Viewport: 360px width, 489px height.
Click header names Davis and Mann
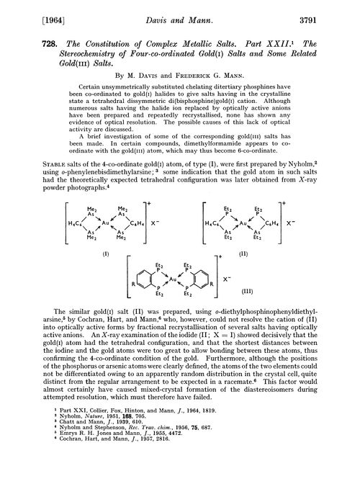coord(179,10)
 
